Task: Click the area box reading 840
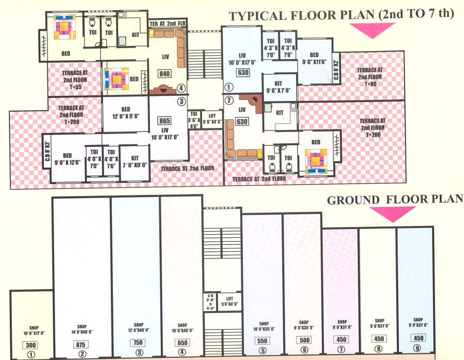point(164,74)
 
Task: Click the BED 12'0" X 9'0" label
point(125,113)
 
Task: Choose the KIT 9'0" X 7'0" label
point(279,92)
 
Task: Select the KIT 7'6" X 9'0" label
point(135,162)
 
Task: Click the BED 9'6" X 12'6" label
point(67,159)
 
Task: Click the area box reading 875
point(82,345)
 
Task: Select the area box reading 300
point(31,345)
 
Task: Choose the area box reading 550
point(262,341)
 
